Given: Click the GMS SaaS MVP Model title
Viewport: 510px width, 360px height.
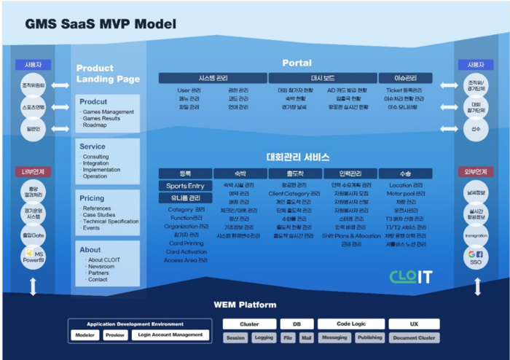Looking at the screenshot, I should coord(101,24).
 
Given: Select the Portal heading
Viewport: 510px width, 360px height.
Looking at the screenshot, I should coord(297,63).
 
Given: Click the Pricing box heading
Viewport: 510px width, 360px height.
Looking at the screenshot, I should coord(93,198).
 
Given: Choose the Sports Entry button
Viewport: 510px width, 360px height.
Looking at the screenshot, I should coord(185,186).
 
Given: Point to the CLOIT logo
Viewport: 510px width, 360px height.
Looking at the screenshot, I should coord(411,276).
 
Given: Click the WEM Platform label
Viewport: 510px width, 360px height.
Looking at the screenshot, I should coord(245,304).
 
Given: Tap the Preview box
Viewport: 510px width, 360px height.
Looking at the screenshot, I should coord(115,336).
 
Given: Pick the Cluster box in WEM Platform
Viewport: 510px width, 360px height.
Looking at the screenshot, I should coord(248,324).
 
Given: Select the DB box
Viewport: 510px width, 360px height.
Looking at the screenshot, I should coord(297,324).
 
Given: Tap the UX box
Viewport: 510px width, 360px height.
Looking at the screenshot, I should coord(414,324).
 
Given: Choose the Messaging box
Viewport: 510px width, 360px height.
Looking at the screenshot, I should coord(334,337).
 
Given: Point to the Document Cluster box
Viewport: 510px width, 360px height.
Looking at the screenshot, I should coord(414,337).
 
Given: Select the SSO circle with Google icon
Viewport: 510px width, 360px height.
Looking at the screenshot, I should coord(476,257).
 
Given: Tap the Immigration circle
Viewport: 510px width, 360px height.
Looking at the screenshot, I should coord(476,235).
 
